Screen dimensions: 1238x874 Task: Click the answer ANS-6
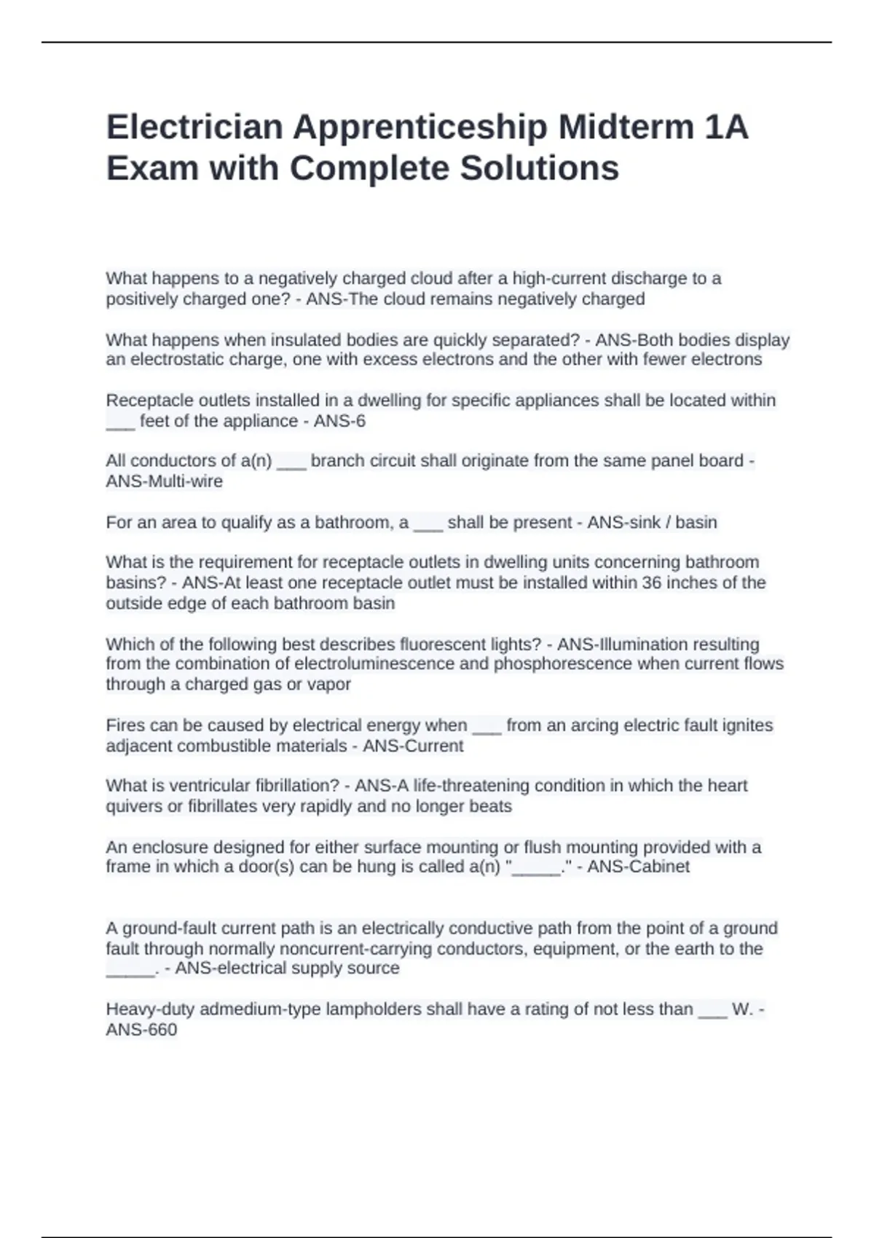coord(339,421)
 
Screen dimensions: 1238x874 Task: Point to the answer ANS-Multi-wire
coord(165,481)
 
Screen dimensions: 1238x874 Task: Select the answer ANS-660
coord(141,1030)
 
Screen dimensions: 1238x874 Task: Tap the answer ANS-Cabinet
coord(638,867)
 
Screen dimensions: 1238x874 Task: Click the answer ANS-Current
coord(413,746)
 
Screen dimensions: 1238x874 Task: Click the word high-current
coord(559,278)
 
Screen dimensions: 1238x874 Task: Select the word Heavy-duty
coord(150,1009)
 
